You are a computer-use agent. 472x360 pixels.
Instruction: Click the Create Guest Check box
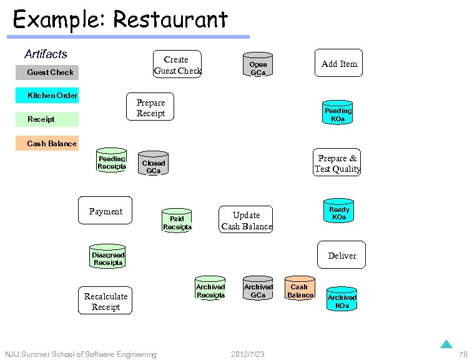177,64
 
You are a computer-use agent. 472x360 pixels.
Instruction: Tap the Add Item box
338,64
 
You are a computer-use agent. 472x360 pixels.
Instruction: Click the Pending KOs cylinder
338,112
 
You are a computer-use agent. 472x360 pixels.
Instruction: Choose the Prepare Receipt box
150,107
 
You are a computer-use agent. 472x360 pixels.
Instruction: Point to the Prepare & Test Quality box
337,163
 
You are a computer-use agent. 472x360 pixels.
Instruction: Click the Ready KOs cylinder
339,211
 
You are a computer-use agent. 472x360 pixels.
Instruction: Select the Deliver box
342,255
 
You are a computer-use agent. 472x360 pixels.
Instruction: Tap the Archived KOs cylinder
342,299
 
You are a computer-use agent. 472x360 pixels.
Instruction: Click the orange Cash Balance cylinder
300,289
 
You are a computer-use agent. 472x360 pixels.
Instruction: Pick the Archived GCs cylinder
258,289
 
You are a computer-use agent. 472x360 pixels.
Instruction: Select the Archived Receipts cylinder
210,289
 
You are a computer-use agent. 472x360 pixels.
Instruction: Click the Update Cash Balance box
247,221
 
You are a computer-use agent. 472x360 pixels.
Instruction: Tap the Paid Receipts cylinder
177,221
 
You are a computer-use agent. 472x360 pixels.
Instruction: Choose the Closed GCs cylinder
153,164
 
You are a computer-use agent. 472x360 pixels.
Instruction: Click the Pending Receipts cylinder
112,161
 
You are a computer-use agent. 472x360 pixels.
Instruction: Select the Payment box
106,211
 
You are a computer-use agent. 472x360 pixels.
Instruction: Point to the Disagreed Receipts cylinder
108,257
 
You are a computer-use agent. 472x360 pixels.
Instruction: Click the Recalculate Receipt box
106,301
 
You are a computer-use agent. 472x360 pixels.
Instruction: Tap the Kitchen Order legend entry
52,96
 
